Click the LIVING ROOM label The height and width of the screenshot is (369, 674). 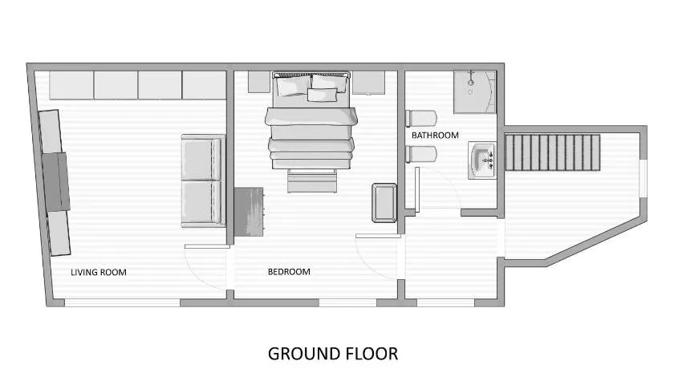99,273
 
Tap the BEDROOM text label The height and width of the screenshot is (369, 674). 289,272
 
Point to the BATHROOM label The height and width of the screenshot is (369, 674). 435,136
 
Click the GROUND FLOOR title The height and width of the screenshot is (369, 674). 333,354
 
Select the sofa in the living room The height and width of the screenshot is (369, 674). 203,180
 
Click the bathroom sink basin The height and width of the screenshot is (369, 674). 482,160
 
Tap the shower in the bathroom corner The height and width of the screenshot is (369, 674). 474,92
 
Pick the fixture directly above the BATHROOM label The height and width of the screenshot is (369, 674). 421,119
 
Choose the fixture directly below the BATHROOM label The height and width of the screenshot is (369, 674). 421,154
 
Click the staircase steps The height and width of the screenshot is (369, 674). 552,152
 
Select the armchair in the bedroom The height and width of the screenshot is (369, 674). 384,203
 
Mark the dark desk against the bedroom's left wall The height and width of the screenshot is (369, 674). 249,212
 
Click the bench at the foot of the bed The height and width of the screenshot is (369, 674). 312,180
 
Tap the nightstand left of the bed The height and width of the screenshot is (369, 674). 259,82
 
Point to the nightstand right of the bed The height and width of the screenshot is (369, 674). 368,83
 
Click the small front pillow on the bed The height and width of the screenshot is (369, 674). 323,95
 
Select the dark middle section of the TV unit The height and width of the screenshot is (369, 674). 56,182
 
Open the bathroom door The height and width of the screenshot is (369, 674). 417,189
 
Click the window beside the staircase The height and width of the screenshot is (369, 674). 643,178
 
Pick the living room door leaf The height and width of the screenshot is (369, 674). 207,246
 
